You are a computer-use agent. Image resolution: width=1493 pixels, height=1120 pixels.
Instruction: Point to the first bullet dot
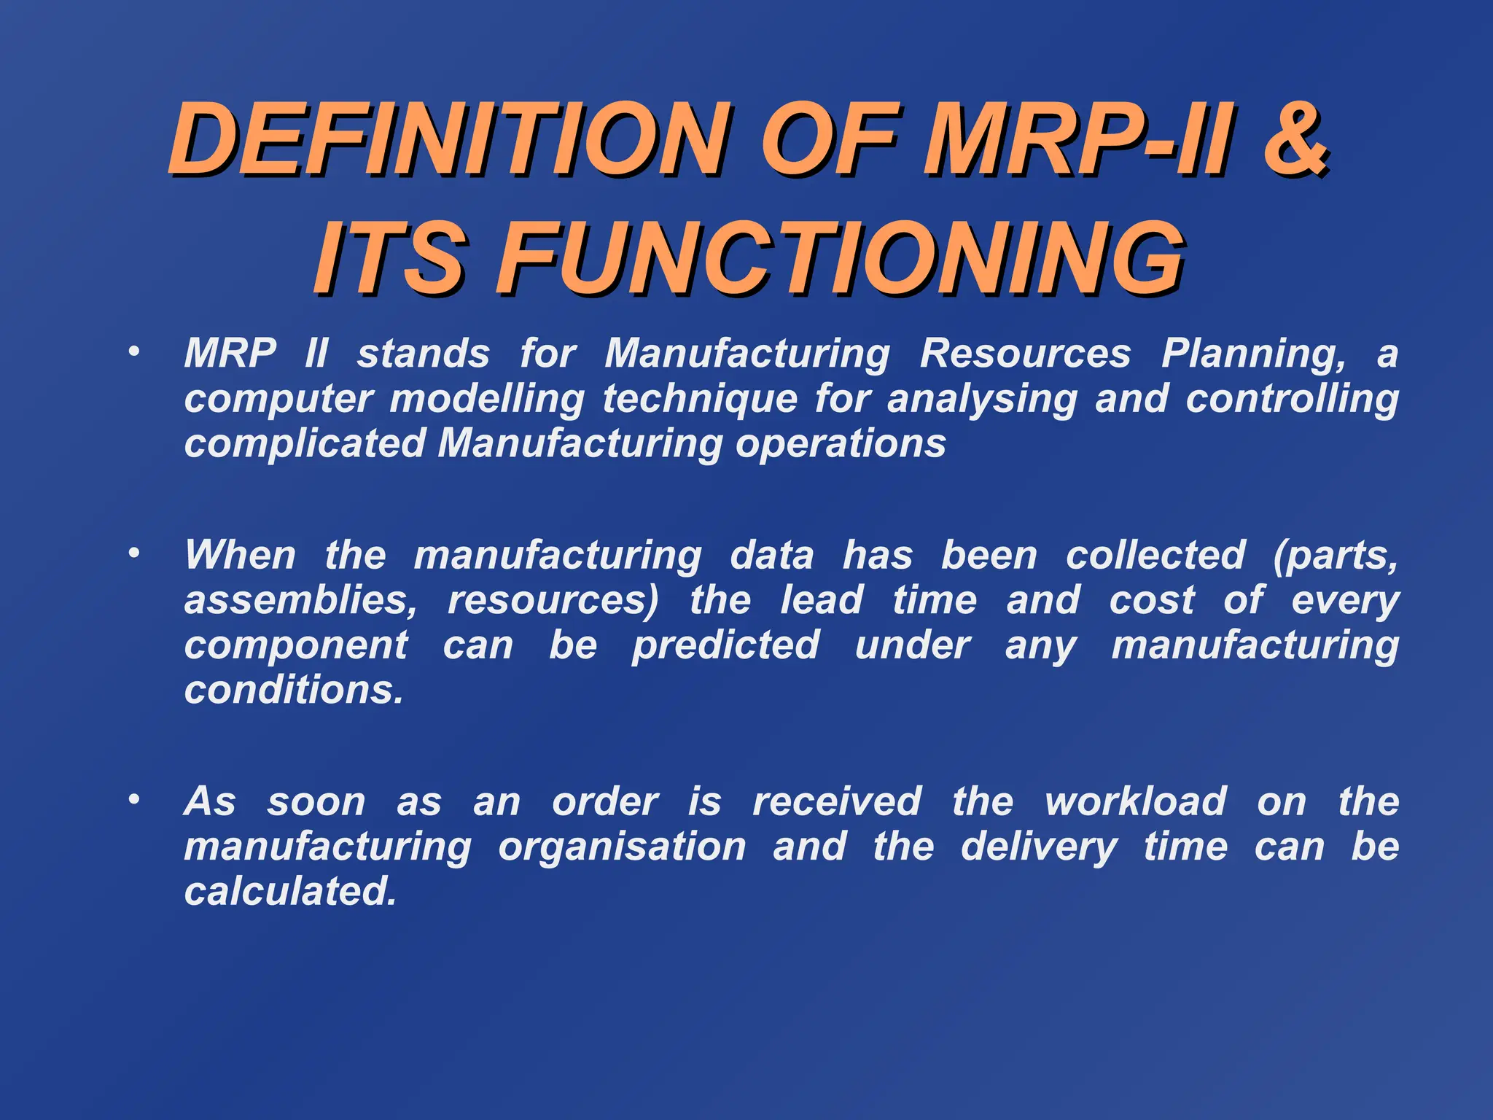(x=133, y=352)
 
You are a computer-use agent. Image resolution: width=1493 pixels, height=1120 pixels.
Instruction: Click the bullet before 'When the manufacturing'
(x=133, y=553)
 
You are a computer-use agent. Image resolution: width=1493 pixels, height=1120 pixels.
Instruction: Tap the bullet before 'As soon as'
(x=133, y=800)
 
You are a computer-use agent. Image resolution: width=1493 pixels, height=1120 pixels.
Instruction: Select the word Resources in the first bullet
(x=1025, y=354)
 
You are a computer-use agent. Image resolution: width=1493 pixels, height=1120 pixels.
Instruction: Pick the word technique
(x=700, y=400)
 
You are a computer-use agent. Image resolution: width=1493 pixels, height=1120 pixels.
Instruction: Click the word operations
(x=841, y=445)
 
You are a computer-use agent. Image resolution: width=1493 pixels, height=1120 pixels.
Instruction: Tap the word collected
(x=1155, y=556)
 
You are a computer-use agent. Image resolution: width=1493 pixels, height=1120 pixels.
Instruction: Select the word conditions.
(x=293, y=690)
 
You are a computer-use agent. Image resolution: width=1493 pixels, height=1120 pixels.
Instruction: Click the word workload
(x=1136, y=802)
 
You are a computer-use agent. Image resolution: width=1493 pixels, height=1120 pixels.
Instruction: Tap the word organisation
(x=622, y=847)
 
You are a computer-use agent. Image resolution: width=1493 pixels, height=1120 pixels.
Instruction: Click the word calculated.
(x=290, y=892)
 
